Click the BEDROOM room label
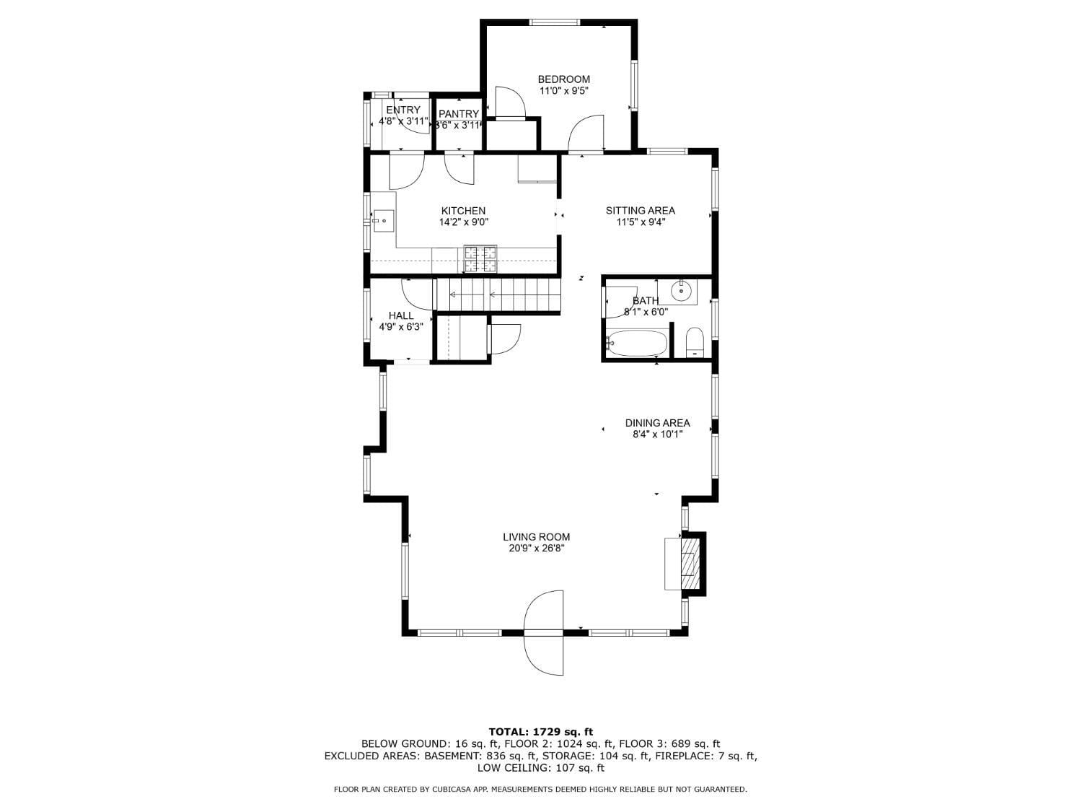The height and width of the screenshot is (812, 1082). (563, 79)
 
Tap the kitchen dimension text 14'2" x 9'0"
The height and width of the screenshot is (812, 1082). (464, 223)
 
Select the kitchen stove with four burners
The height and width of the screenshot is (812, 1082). (480, 259)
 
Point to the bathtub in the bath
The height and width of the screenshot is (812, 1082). (637, 344)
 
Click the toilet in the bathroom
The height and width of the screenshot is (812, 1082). (695, 342)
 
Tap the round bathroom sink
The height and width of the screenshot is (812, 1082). (681, 292)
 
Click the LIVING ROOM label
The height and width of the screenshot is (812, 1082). (536, 537)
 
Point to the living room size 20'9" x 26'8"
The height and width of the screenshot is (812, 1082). (536, 549)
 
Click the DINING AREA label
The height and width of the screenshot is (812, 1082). (657, 423)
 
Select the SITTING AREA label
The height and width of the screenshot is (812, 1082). (640, 211)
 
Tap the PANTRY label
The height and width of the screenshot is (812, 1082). (459, 114)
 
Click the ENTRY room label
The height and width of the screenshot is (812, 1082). (403, 110)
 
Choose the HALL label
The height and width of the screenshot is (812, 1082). (401, 315)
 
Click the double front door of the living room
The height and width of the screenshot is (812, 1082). (544, 633)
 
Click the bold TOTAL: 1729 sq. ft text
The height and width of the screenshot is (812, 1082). (540, 732)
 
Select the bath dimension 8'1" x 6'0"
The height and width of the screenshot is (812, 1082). (646, 313)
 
